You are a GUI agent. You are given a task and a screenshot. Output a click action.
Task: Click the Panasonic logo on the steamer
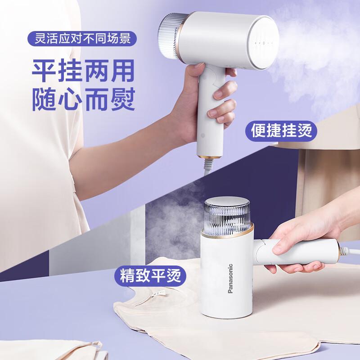click(x=230, y=279)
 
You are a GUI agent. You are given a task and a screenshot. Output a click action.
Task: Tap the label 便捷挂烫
click(x=281, y=131)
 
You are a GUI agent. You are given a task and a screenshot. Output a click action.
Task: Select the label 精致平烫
click(x=150, y=275)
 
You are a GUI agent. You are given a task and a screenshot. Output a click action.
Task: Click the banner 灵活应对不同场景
click(x=82, y=38)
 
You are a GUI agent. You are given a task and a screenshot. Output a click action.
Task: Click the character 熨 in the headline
click(x=122, y=100)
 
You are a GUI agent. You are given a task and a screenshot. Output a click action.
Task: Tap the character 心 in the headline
click(x=71, y=100)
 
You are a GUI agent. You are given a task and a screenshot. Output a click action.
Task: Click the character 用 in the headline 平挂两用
click(x=122, y=71)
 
